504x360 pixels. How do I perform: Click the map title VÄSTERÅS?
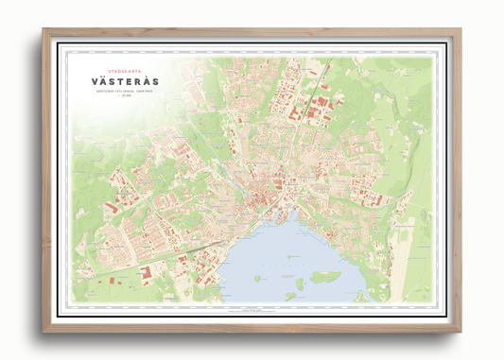point(125,81)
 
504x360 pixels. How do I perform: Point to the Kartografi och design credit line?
point(125,92)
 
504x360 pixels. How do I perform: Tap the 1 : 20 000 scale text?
point(125,97)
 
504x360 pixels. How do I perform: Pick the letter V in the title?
point(96,81)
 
